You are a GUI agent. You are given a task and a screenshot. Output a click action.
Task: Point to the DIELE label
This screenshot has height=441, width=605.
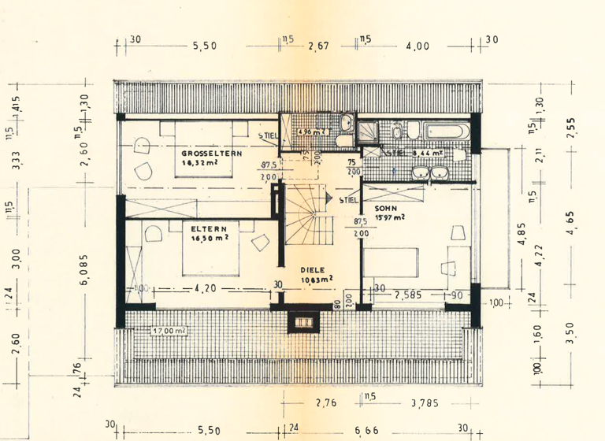pos(314,269)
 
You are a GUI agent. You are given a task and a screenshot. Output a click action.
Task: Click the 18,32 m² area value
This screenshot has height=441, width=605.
pos(200,163)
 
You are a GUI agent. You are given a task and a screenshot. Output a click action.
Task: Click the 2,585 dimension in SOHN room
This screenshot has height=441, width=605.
pos(410,295)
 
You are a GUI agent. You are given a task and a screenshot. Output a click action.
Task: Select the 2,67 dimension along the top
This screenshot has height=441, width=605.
pos(318,46)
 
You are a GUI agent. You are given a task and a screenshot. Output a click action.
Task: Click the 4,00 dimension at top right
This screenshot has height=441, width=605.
pos(418,46)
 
